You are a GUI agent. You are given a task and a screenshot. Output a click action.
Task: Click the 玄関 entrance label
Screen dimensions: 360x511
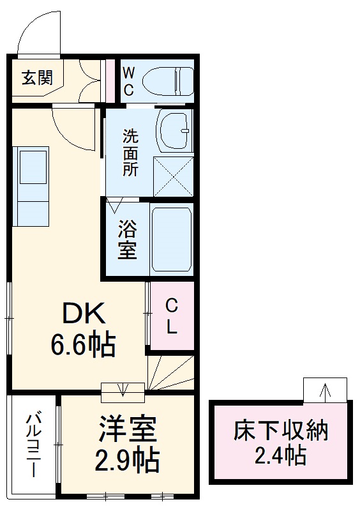37,78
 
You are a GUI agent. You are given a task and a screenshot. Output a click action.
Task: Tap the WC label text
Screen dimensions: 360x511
129,81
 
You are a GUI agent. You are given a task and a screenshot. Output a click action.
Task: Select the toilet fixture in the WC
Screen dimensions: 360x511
168,81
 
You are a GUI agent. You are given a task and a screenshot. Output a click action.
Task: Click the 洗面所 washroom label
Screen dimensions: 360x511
130,153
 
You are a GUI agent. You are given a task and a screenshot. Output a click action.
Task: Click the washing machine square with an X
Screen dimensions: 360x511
174,176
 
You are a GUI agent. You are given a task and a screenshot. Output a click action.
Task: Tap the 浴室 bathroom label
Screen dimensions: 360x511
127,239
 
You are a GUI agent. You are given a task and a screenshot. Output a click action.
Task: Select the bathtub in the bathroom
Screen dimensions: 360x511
171,239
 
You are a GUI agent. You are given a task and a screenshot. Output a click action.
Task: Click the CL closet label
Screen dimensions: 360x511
172,316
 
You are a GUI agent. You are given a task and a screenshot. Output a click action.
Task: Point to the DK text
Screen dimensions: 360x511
84,313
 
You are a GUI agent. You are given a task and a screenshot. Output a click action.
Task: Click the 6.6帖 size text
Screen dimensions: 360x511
83,344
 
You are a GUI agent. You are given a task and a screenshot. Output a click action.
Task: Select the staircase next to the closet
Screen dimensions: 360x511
170,372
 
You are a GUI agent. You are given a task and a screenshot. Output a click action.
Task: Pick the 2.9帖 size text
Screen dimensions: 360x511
127,461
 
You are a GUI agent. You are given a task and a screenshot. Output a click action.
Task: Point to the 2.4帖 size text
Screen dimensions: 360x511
280,455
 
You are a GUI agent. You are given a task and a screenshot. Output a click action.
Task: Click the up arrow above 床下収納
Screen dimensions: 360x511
325,392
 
